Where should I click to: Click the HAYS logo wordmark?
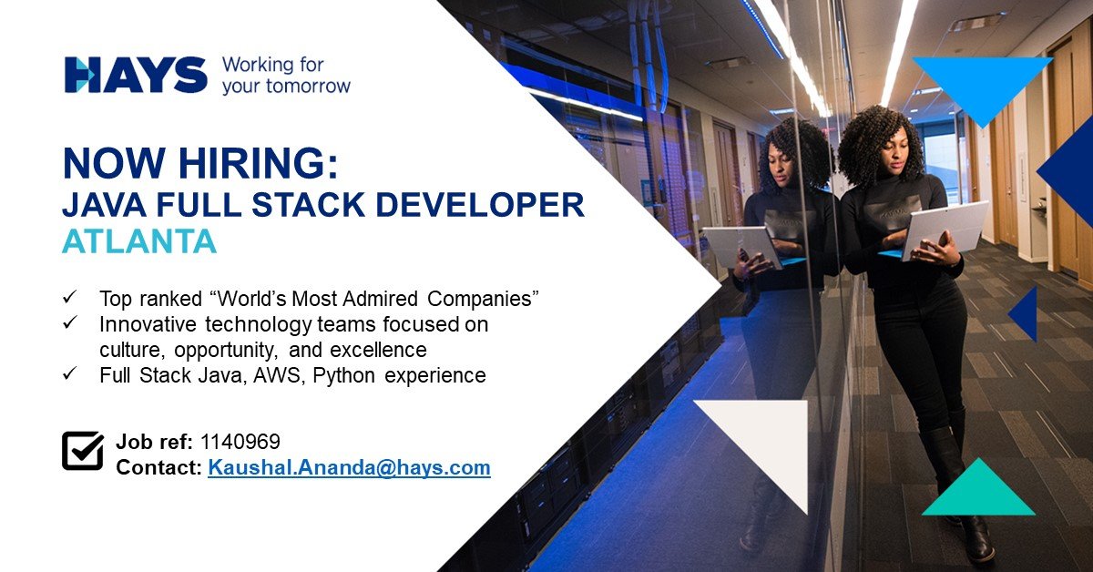point(136,75)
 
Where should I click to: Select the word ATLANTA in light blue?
point(139,240)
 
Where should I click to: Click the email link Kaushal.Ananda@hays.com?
point(349,468)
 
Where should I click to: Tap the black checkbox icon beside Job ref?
point(82,451)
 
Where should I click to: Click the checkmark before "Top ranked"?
point(69,298)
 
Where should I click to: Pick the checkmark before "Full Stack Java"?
point(69,374)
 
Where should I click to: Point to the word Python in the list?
point(339,375)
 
